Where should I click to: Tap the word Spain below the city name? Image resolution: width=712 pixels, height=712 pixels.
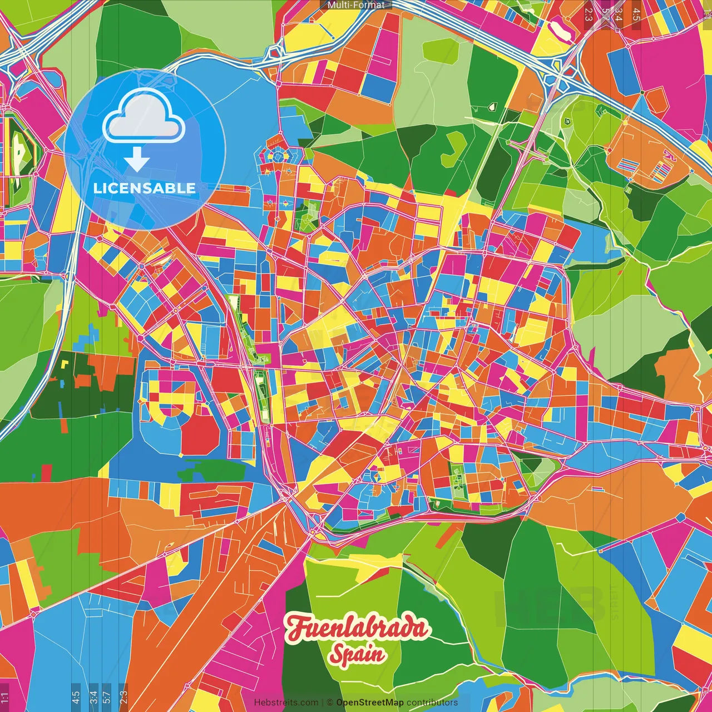click(x=357, y=654)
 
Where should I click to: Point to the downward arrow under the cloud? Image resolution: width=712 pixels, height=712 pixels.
click(x=137, y=160)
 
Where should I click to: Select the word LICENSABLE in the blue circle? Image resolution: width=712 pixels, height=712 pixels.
click(x=144, y=188)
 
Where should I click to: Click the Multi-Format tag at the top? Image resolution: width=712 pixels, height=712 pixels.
click(x=356, y=4)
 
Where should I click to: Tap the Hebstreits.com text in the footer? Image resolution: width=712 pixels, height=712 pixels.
click(x=286, y=703)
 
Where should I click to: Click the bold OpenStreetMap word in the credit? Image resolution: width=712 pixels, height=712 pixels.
click(x=369, y=703)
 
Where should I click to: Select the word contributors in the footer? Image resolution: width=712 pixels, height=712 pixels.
click(x=432, y=703)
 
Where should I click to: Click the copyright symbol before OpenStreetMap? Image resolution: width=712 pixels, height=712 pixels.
click(x=329, y=703)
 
